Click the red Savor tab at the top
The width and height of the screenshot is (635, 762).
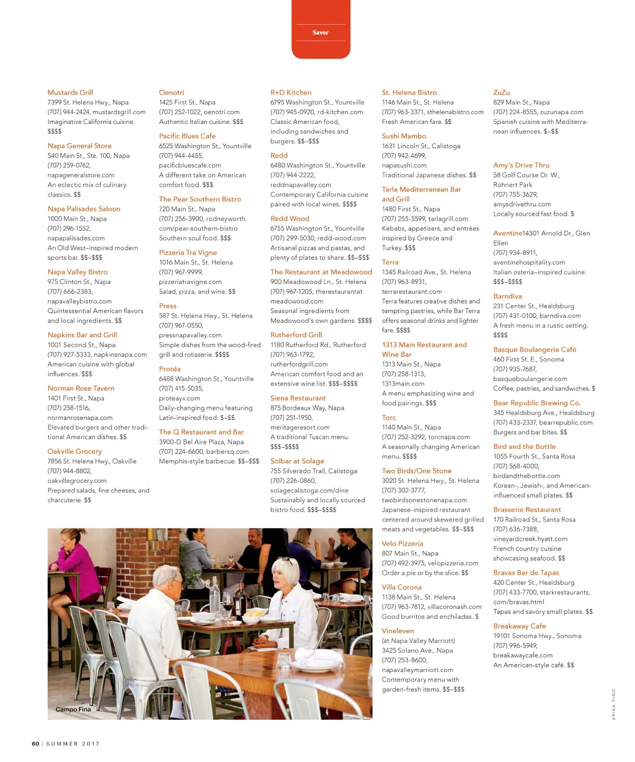[x=321, y=32]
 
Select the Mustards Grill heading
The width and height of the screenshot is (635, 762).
[x=70, y=92]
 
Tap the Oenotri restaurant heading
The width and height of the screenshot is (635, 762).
[x=172, y=92]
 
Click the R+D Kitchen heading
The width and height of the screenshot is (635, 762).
[x=291, y=92]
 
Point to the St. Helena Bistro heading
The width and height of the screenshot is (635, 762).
[x=409, y=92]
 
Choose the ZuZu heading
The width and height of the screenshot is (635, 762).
[x=502, y=92]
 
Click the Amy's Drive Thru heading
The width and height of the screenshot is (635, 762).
[x=522, y=165]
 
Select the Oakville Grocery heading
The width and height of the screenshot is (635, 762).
[x=74, y=451]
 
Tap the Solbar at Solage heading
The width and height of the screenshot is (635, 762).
[x=297, y=461]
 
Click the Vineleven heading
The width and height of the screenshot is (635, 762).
[x=398, y=631]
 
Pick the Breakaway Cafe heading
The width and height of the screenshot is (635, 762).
[x=520, y=626]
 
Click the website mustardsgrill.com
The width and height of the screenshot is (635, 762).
[x=122, y=112]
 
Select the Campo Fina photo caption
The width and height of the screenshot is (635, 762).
[x=73, y=709]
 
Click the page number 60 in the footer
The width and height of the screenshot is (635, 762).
[x=35, y=743]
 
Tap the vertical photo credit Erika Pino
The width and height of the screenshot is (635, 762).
[x=614, y=704]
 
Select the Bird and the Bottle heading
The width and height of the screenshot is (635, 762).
[x=525, y=446]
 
